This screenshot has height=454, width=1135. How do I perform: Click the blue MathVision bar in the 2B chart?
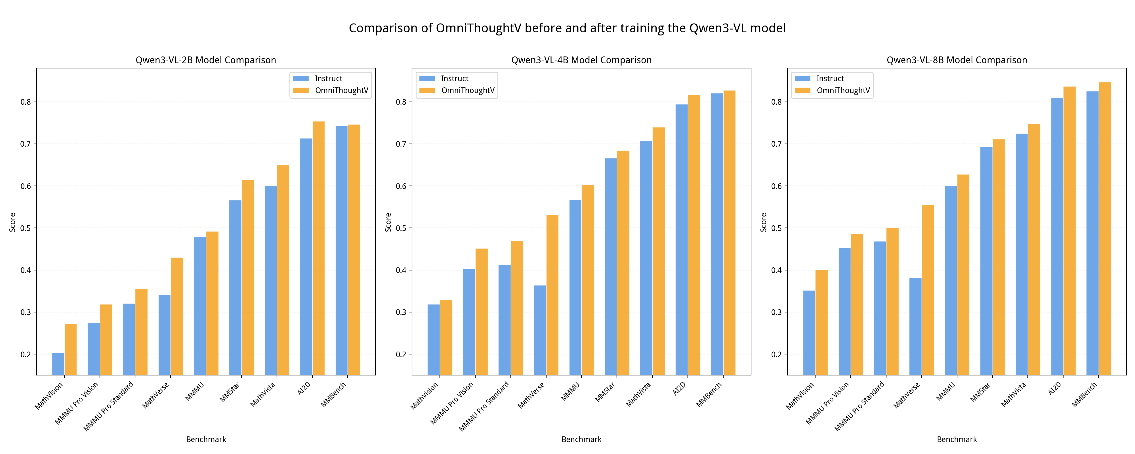pos(58,364)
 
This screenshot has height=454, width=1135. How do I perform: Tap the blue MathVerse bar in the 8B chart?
pos(915,326)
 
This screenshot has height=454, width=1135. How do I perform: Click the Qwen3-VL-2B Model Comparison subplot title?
pos(206,60)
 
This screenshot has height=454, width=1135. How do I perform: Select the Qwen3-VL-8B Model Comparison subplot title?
pos(957,60)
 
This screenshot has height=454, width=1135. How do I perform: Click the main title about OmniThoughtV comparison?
pos(567,28)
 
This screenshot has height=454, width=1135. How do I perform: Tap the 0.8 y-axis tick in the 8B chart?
pos(776,102)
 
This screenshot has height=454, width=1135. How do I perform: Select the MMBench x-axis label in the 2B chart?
pos(333,394)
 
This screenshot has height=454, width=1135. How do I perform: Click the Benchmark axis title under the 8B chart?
pos(957,440)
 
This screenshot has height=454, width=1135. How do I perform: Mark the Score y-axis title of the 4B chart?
pos(388,222)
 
